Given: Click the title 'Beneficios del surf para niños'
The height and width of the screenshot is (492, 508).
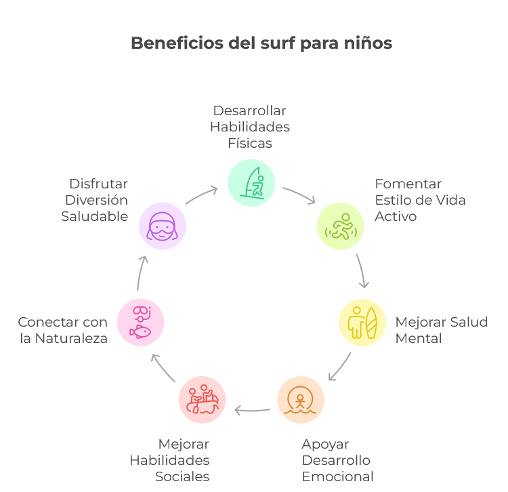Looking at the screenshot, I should point(261,43).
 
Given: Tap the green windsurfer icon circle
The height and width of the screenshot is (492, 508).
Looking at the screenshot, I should point(251,182).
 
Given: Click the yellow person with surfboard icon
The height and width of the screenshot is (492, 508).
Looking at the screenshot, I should point(362,323).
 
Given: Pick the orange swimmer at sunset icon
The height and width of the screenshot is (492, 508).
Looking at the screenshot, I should point(301,400).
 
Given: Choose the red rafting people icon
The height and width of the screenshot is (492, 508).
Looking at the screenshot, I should point(202,400).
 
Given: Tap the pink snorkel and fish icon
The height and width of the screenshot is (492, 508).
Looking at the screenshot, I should point(140,322).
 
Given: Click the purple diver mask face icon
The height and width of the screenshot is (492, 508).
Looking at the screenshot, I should point(163,226).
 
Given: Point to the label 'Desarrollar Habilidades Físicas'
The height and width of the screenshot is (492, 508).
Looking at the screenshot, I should point(249,127).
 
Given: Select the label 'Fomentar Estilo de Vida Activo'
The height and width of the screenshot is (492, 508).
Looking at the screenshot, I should point(420,200).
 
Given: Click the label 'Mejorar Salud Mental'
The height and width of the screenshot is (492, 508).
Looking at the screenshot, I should point(441,330).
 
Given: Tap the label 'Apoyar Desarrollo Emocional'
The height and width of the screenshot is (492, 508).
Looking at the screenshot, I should point(337,460).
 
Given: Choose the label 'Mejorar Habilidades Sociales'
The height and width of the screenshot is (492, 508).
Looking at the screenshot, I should point(170,460).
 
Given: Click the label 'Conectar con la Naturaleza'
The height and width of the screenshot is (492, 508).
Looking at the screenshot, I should point(63,330).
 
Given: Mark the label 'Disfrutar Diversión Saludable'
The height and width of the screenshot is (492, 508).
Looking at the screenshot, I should point(95,200).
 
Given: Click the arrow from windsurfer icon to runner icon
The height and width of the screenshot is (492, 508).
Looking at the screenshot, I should point(299,194).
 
